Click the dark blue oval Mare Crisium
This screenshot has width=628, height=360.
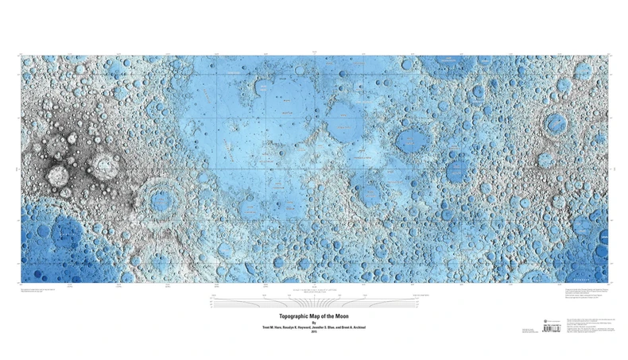click(412, 140)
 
